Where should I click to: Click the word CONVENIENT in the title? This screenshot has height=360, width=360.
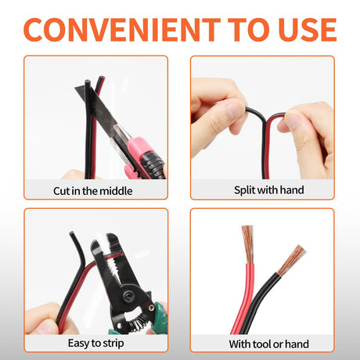point(122,30)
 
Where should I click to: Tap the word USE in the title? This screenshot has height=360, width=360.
point(308,30)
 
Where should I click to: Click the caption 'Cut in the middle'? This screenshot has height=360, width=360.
point(92,191)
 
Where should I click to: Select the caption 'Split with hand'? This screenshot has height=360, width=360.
point(269,190)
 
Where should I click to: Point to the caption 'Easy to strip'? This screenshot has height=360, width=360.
point(95,344)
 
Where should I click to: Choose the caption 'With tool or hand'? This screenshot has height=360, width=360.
point(269,344)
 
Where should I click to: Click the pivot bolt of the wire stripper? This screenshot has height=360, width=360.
point(130,296)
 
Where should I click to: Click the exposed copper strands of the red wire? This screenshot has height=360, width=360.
point(248,244)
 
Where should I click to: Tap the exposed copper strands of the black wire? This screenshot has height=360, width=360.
point(292,260)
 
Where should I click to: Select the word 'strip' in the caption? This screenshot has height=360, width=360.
point(113,344)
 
